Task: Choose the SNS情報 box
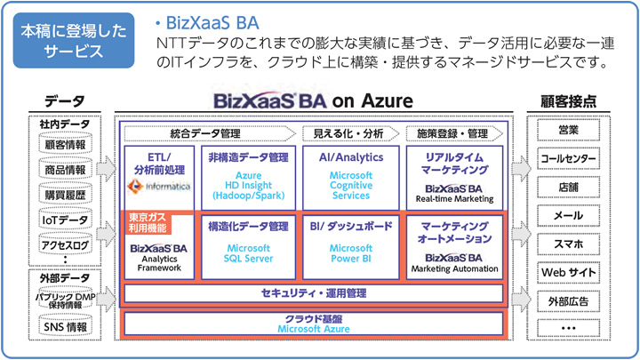65,327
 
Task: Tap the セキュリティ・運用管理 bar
315,292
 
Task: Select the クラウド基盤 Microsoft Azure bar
315,324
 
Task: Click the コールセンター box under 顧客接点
569,159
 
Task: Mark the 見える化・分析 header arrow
348,134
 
